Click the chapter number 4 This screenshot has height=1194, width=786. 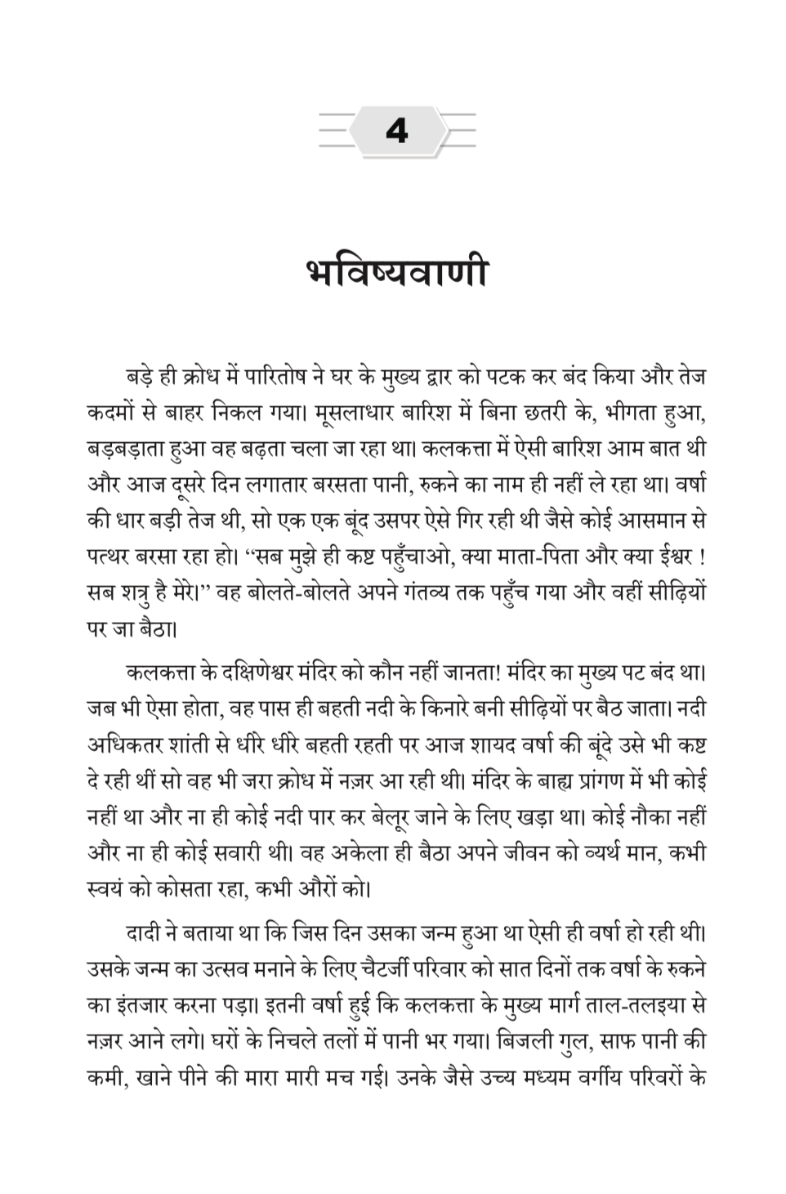pyautogui.click(x=396, y=131)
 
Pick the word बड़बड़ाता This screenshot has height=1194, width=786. pyautogui.click(x=126, y=449)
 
